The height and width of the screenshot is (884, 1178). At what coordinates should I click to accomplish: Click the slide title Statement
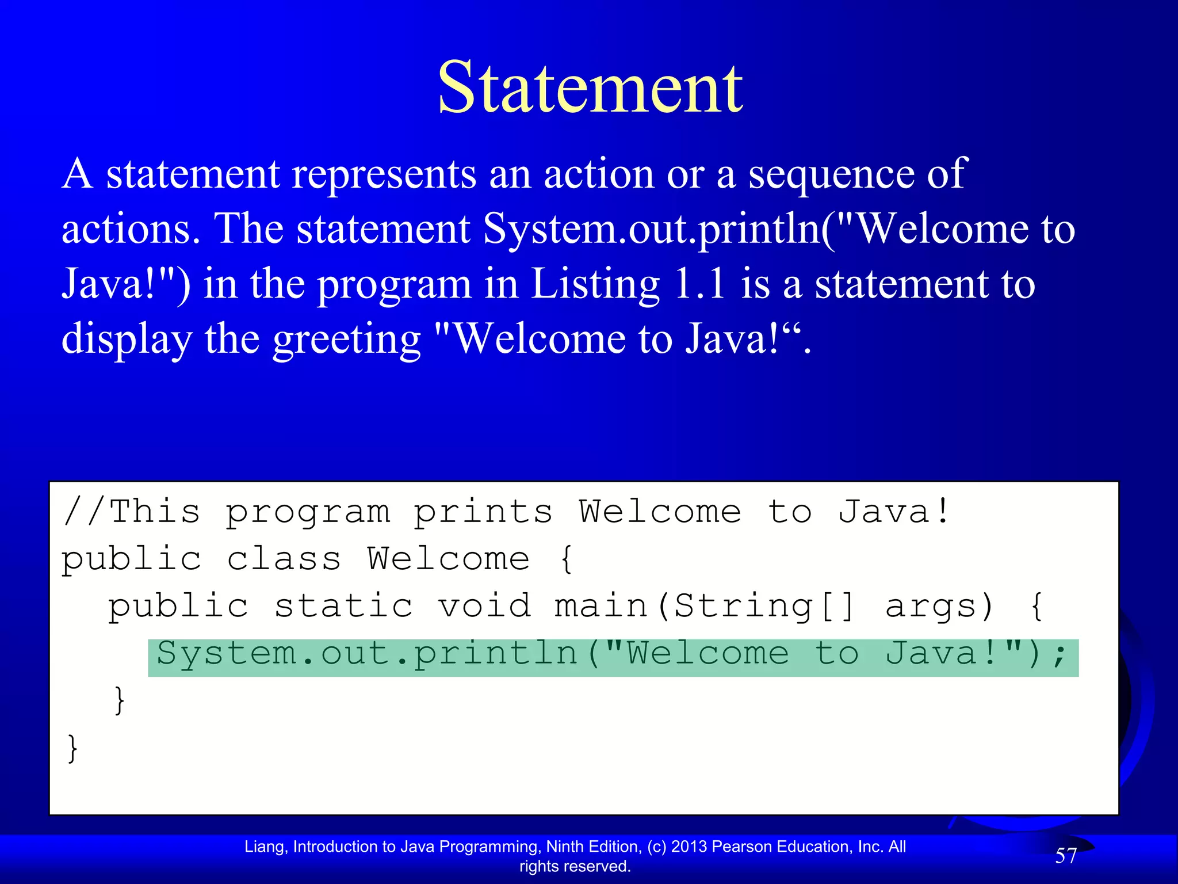[590, 87]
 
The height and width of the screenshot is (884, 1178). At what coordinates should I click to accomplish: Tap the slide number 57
[1066, 856]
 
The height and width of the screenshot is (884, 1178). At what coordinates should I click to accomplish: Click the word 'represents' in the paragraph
[384, 174]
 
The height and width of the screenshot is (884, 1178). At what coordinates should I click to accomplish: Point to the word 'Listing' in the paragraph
[595, 284]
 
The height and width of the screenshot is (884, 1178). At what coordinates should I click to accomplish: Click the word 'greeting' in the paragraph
[346, 340]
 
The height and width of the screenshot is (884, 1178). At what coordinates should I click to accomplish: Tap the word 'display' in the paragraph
[127, 340]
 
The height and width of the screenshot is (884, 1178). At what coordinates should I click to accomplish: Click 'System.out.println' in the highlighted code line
[366, 654]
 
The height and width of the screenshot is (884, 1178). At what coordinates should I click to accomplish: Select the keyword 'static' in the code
[343, 607]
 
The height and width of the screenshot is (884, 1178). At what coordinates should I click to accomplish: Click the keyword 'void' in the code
[485, 607]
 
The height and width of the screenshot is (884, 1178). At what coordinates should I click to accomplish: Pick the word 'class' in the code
[284, 559]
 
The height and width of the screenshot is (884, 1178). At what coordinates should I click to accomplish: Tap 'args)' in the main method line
[940, 607]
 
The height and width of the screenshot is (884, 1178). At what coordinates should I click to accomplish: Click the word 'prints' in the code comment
[483, 512]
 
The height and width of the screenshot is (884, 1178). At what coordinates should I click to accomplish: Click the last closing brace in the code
[72, 748]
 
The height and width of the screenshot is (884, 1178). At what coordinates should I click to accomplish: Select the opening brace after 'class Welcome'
[567, 559]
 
